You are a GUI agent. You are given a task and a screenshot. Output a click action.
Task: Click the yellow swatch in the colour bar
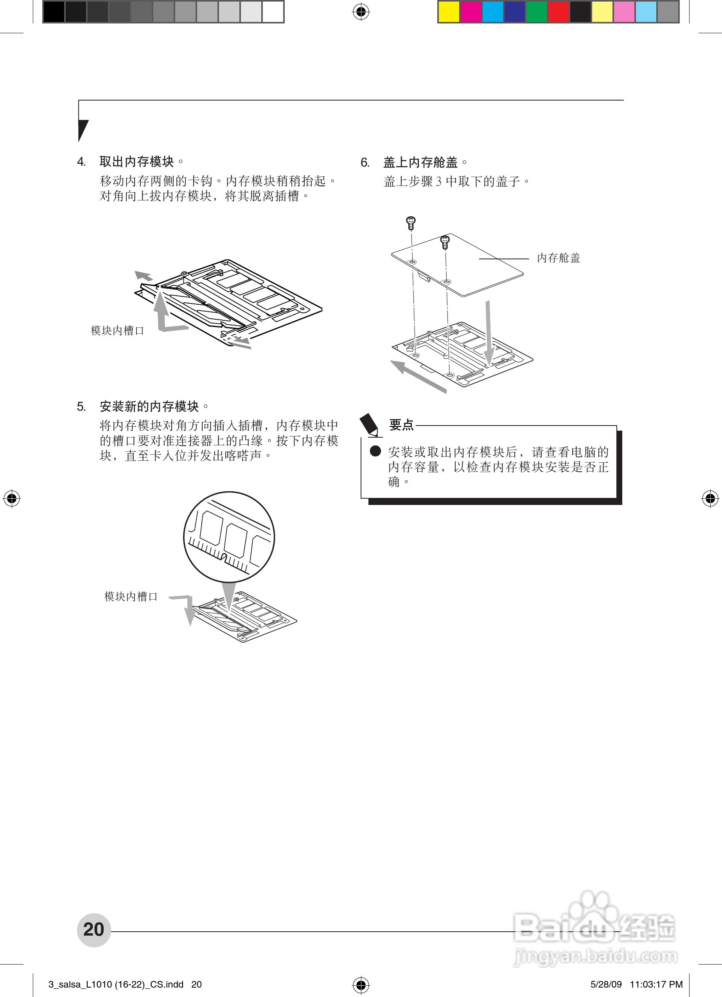point(449,12)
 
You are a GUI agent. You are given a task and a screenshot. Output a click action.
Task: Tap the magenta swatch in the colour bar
point(471,12)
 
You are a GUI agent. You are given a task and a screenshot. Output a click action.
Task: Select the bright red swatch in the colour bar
point(559,12)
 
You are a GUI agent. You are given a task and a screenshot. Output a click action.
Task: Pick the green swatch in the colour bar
point(537,12)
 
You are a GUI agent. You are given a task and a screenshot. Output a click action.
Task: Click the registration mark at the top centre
point(361,12)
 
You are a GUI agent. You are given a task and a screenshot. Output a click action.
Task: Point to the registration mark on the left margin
point(12,498)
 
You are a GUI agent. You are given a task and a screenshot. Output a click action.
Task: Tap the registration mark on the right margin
point(710,498)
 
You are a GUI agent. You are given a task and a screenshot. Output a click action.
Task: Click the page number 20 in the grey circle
point(93,929)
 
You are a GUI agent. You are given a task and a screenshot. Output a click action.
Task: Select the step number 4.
point(81,162)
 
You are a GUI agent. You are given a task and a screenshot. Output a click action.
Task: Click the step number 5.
point(81,407)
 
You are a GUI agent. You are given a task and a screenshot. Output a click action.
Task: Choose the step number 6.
point(365,163)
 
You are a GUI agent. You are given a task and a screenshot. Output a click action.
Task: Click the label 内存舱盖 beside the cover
point(559,258)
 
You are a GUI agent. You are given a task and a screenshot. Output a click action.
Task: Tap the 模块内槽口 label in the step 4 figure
point(117,331)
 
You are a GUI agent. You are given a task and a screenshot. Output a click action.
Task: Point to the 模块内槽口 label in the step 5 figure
point(131,596)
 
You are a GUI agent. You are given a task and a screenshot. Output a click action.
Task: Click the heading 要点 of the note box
point(401,425)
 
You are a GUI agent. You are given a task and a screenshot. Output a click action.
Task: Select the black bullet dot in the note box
point(375,451)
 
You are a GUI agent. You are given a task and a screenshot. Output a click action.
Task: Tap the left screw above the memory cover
point(411,223)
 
